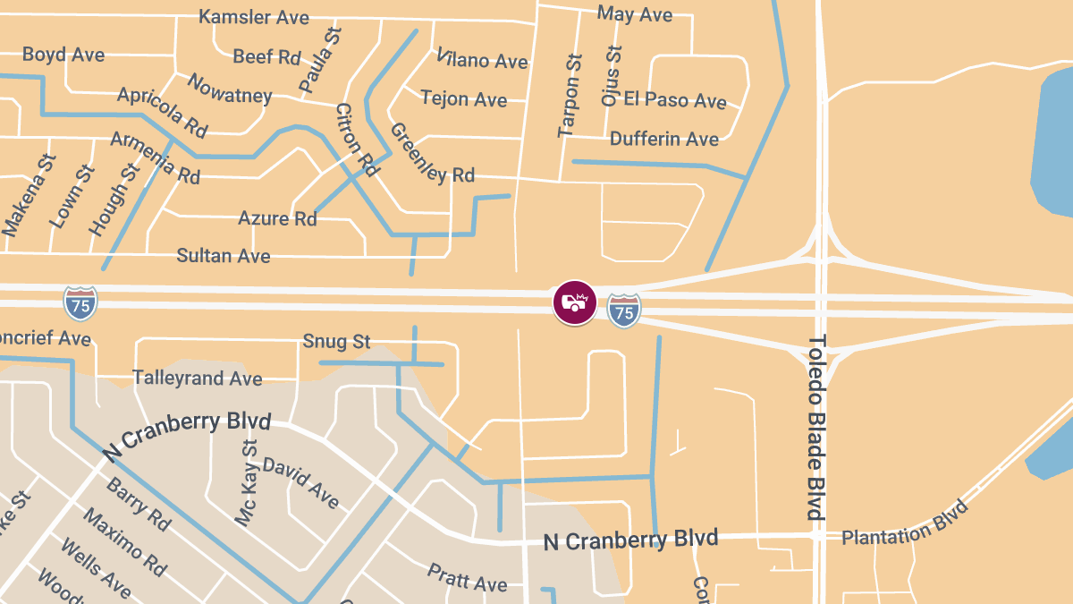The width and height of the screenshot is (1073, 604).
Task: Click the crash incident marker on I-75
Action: coord(574,302)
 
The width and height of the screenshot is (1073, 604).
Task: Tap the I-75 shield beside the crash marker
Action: coord(624,310)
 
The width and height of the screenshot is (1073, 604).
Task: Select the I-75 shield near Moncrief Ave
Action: coord(80,303)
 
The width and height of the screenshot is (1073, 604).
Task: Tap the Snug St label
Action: coord(336,341)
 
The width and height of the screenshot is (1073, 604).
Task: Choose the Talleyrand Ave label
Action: coord(198,379)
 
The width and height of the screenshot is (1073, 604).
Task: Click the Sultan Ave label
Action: coord(224,256)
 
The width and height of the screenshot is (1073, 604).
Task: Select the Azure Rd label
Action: coord(277,218)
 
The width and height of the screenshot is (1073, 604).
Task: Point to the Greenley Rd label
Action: coord(432,153)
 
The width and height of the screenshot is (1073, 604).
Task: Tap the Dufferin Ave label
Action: coord(664,139)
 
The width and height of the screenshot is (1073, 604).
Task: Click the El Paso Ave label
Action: coord(675,99)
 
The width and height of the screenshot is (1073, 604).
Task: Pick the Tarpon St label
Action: coord(570,95)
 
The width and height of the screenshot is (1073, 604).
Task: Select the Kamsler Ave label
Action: coord(254,17)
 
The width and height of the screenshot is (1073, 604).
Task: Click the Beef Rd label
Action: coord(266,57)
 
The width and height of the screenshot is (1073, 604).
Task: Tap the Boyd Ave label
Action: coord(63,55)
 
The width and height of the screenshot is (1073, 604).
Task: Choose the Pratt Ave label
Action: coord(468,578)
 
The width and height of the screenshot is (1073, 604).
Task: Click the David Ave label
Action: coord(300,483)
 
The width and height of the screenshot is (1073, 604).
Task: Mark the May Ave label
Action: coord(634,14)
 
